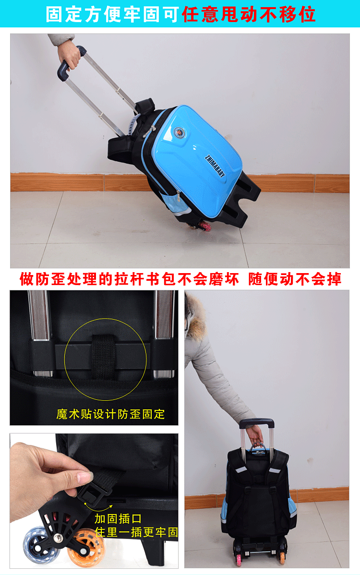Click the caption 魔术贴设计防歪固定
(111, 414)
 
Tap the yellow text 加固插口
(118, 519)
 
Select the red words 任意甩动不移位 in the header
(249, 14)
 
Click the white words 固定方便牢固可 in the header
(113, 14)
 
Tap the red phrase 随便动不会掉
(294, 279)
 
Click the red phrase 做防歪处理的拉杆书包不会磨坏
(129, 279)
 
